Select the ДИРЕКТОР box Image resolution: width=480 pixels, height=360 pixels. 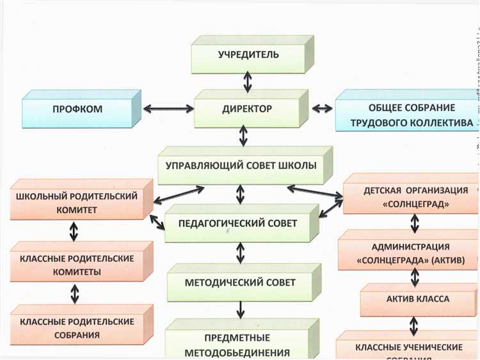coord(246,109)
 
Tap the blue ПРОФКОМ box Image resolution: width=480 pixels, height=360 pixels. coord(77,109)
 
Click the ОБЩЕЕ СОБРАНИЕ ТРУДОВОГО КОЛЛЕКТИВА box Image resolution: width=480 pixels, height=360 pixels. coord(411,115)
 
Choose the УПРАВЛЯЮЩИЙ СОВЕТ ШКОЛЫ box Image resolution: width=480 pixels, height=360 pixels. coord(241,166)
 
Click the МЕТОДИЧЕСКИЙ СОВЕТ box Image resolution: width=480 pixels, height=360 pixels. coord(241,283)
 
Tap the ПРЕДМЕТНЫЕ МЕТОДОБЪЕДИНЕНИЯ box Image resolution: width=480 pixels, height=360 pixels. coord(237,344)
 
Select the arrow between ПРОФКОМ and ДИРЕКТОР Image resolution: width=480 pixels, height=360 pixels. coord(168,109)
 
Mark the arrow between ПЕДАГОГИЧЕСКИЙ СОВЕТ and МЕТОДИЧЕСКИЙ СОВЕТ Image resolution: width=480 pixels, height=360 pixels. coord(241,253)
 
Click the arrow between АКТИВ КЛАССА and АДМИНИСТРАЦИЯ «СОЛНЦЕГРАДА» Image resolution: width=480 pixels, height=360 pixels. coord(415,276)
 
